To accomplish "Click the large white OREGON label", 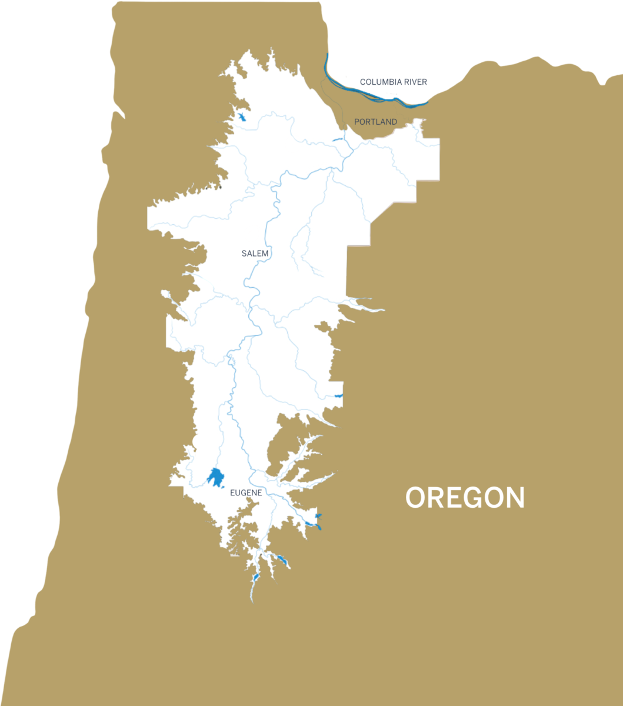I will click(x=465, y=498).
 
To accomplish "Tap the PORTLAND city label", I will click(x=375, y=122).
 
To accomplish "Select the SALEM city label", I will click(x=255, y=254).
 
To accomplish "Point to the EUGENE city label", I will click(x=246, y=492).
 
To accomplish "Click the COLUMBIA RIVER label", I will click(x=394, y=82).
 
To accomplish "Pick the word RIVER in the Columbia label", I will click(x=415, y=82).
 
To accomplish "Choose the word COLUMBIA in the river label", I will click(x=381, y=82).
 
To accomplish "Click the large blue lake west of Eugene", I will click(x=216, y=478).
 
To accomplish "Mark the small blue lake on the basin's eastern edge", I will click(x=338, y=396).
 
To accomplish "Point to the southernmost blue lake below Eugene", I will click(x=256, y=578).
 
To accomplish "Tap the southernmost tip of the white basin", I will click(x=251, y=601).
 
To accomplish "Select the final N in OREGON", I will click(x=514, y=498).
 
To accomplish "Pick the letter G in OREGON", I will click(x=474, y=498).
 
